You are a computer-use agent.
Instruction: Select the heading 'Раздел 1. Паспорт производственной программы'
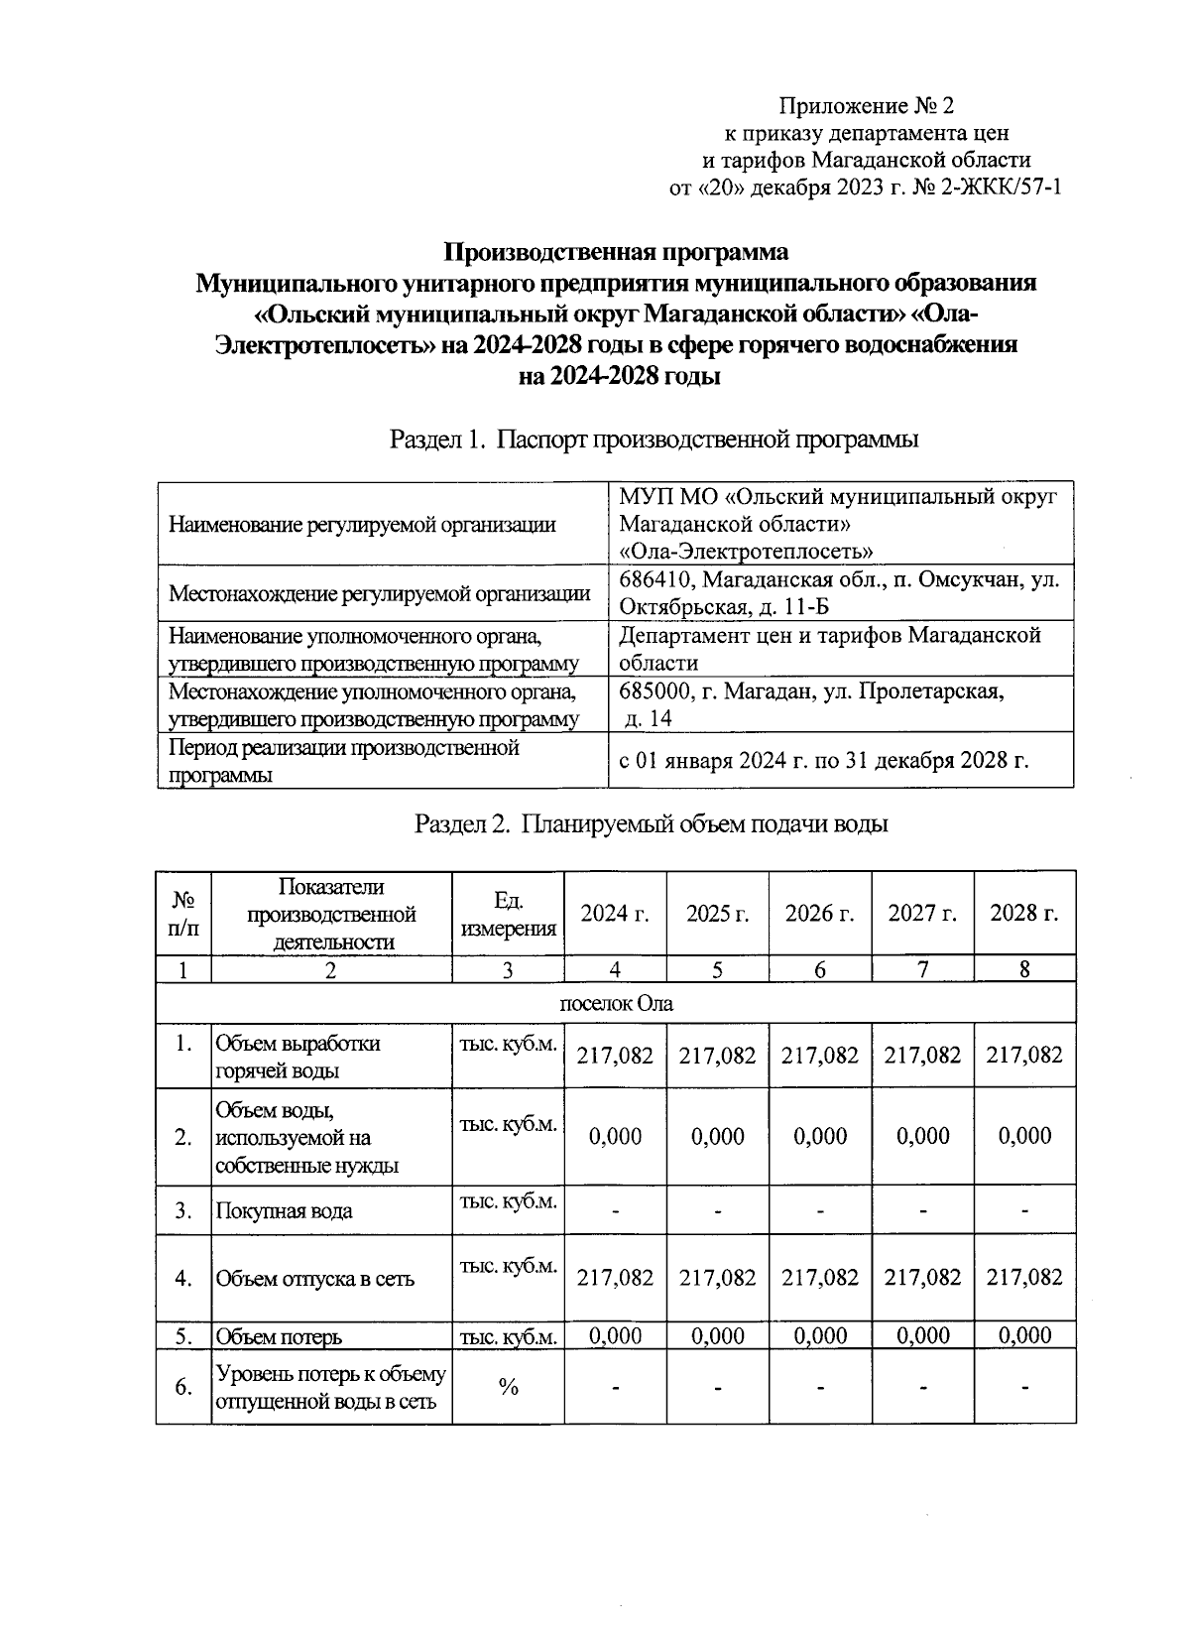click(654, 439)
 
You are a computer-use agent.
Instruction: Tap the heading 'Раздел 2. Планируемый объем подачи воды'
click(650, 823)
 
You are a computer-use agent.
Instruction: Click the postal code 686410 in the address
click(654, 579)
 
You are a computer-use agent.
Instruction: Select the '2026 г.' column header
click(819, 914)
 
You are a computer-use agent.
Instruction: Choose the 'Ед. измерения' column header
click(508, 914)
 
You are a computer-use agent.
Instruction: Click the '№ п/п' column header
click(183, 914)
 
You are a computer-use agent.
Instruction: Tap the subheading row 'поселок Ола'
click(616, 1003)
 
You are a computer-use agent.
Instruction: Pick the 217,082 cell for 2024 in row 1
click(615, 1056)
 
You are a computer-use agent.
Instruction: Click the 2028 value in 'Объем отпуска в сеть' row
click(1024, 1278)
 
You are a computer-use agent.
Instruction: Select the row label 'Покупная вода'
click(284, 1211)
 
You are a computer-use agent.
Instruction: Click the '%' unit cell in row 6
click(508, 1387)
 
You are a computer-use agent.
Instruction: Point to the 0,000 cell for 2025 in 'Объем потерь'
click(717, 1336)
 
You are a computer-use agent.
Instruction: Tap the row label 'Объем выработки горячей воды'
click(297, 1057)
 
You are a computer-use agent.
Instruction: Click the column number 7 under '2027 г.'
click(922, 969)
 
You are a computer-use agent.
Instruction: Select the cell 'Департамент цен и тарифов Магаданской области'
click(829, 649)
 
